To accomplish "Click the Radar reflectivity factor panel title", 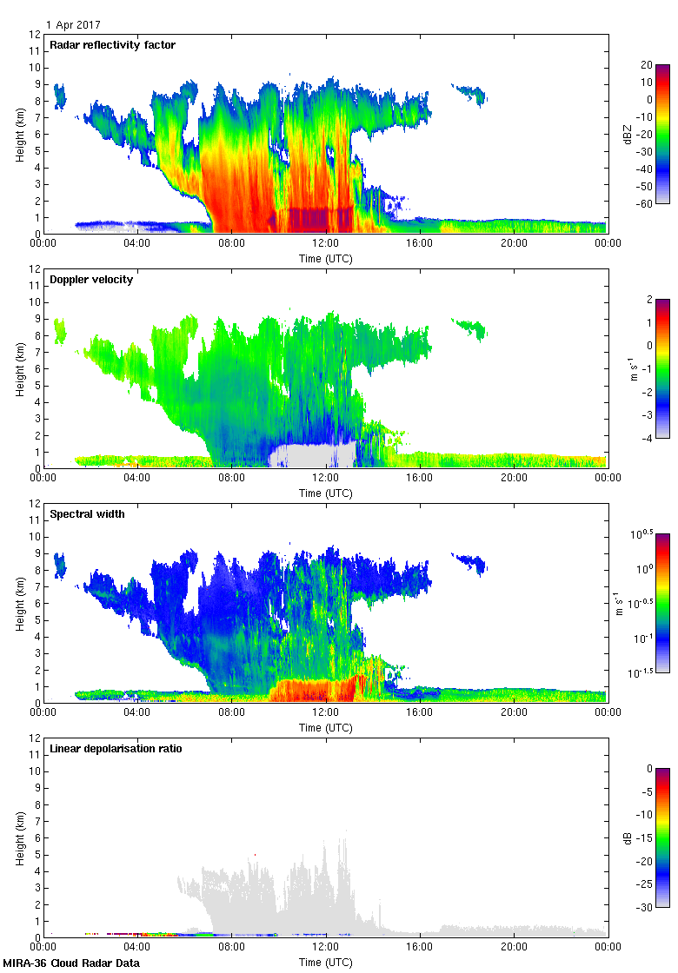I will [x=112, y=45].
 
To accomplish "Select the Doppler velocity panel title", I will [x=91, y=280].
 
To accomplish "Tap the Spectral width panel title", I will [x=87, y=514].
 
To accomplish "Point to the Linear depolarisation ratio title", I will [x=116, y=749].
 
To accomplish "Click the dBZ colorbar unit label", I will [x=623, y=133].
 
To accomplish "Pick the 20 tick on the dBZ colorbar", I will [x=647, y=64].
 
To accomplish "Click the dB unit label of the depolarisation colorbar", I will [x=627, y=837].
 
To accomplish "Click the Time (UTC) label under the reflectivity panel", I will [x=325, y=259].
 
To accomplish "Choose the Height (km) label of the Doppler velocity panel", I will [x=21, y=368].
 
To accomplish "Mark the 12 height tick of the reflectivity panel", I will [x=36, y=35].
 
